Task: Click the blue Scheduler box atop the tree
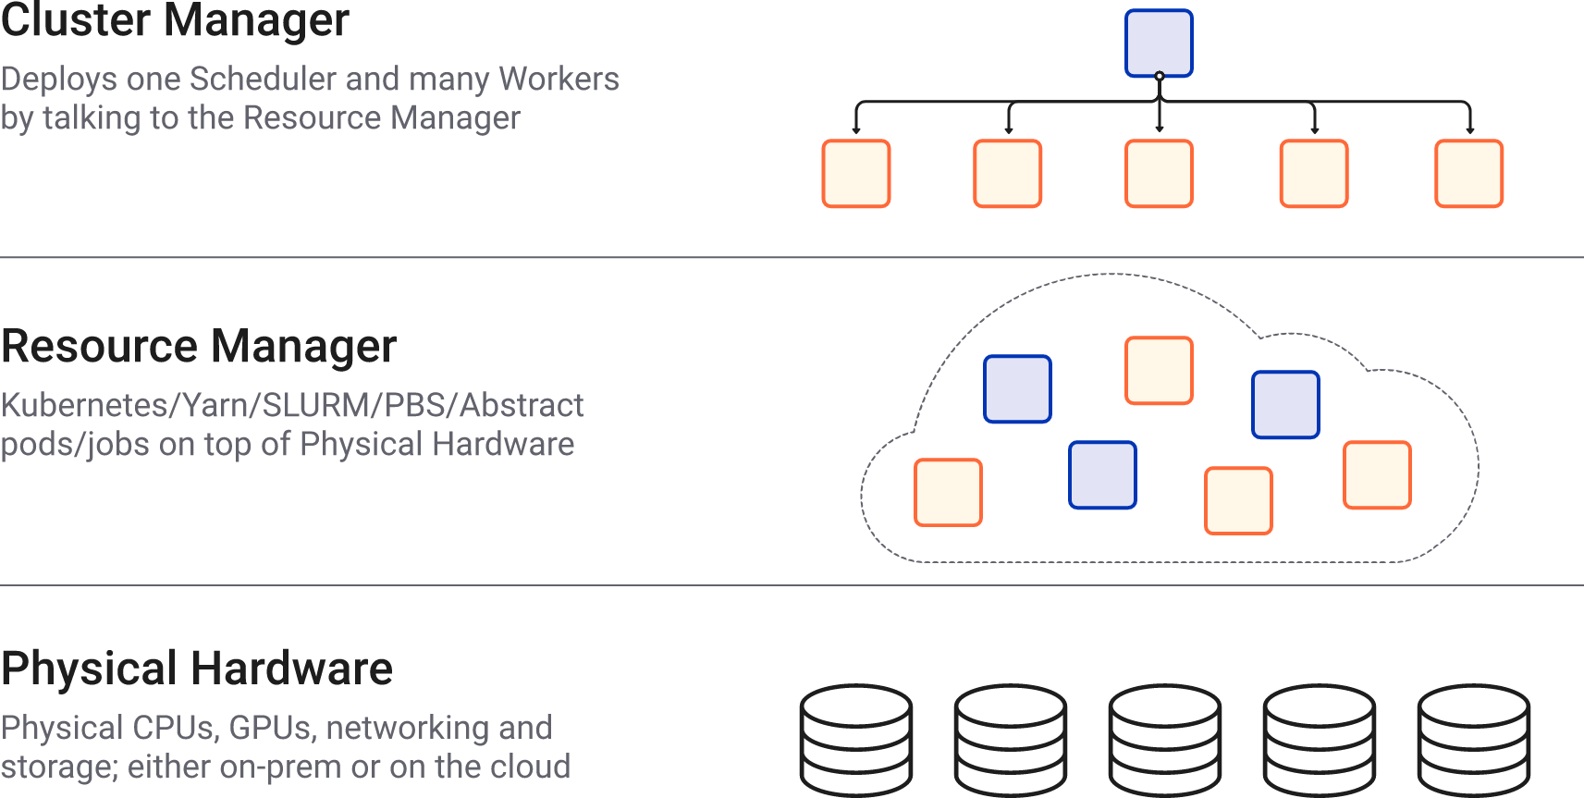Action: click(x=1159, y=43)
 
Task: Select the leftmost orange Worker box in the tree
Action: click(x=856, y=174)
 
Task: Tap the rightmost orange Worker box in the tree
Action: click(x=1468, y=174)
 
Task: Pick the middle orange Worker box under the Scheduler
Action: click(x=1159, y=174)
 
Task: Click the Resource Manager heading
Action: click(x=198, y=347)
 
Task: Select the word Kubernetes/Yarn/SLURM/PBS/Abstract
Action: click(x=292, y=405)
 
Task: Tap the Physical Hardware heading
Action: click(x=196, y=668)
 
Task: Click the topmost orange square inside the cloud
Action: click(x=1159, y=371)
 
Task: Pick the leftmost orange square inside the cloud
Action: click(x=948, y=493)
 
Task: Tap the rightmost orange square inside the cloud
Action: click(x=1377, y=475)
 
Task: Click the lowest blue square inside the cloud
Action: click(x=1102, y=475)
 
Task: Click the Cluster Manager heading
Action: click(x=175, y=20)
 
